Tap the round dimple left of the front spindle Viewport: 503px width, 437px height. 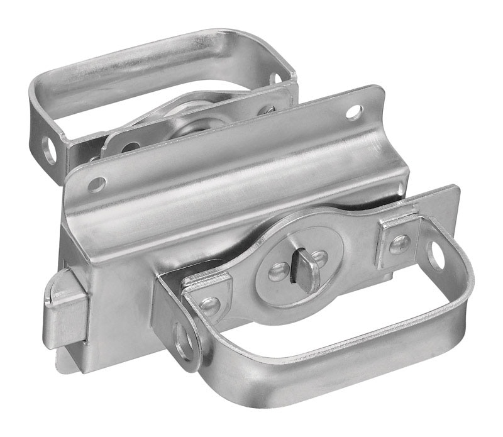(277, 272)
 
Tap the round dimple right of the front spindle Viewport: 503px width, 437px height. (321, 258)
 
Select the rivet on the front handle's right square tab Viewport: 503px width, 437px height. (398, 243)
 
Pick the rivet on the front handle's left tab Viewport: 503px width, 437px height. (207, 306)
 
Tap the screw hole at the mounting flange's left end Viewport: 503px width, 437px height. (96, 184)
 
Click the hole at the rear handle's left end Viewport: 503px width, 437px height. (48, 150)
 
